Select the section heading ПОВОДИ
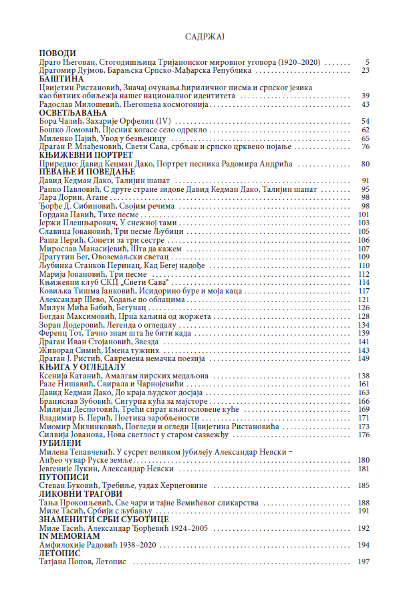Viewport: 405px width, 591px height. tap(57, 53)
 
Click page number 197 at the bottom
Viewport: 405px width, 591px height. tap(364, 562)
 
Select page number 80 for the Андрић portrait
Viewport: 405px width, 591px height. tap(366, 164)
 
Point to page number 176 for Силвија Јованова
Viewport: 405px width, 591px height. tap(364, 435)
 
